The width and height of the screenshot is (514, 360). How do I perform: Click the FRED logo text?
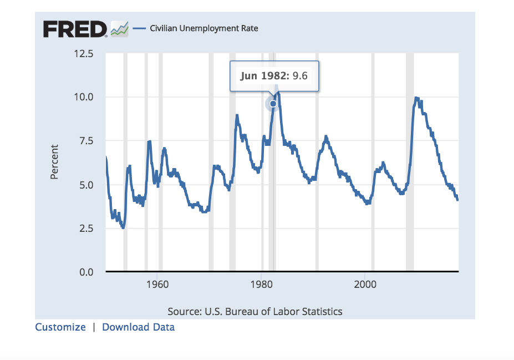point(75,29)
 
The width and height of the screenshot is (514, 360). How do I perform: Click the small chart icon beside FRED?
point(119,29)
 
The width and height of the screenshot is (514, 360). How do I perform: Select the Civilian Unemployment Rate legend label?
point(204,28)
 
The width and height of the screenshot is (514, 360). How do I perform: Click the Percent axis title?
point(54,162)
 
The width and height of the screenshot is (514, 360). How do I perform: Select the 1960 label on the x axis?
point(157,285)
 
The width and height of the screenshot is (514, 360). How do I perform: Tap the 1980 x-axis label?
point(261,285)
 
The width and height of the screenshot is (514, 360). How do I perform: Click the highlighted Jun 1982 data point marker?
point(273,104)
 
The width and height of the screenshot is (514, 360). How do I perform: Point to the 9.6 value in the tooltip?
point(300,76)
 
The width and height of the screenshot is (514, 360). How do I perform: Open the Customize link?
point(60,327)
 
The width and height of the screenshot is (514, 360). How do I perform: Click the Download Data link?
point(139,327)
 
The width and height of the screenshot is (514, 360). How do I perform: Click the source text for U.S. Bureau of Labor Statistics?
point(255,311)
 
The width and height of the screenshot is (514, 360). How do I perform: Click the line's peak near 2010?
point(416,99)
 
